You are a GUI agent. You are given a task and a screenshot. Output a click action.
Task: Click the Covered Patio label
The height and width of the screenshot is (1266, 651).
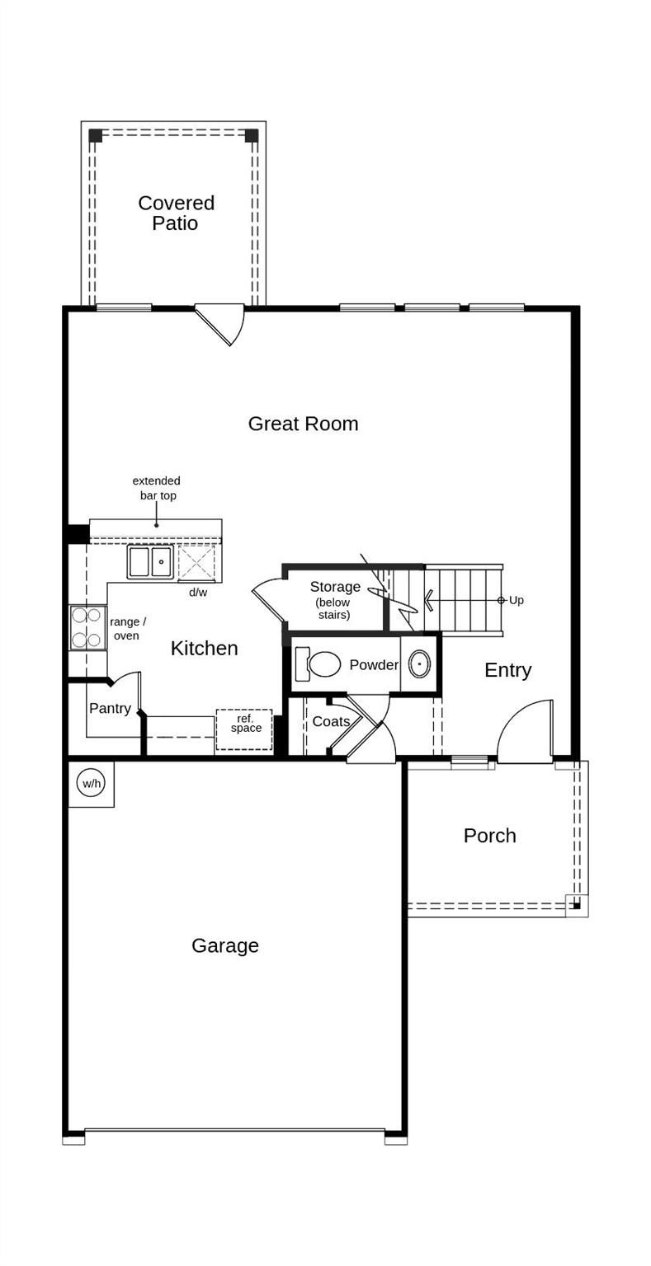[x=176, y=213]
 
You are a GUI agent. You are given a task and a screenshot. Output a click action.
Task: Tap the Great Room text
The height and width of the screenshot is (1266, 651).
[x=303, y=424]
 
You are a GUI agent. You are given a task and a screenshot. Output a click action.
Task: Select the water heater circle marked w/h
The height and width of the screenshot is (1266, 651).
[x=91, y=783]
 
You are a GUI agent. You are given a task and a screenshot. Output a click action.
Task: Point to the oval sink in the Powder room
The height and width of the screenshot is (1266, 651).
[x=419, y=663]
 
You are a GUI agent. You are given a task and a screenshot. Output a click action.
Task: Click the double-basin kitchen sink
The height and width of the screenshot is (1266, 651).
[x=150, y=562]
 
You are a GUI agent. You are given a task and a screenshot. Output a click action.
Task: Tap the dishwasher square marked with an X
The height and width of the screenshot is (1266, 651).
[x=196, y=562]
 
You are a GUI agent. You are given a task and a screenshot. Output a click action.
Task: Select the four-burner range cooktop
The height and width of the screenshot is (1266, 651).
[x=87, y=627]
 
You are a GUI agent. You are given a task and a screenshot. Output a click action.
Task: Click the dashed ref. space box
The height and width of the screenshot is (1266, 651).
[x=244, y=729]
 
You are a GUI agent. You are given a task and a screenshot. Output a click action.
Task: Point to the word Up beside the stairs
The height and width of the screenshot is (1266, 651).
[x=517, y=600]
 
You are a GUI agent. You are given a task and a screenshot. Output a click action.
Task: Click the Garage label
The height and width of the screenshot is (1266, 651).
[x=225, y=945]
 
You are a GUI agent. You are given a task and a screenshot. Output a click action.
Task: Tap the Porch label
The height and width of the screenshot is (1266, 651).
[x=489, y=836]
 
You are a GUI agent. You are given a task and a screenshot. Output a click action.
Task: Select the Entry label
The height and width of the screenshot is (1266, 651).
[x=507, y=670]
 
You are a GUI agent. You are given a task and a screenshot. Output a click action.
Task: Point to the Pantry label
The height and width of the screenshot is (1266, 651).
[x=110, y=709]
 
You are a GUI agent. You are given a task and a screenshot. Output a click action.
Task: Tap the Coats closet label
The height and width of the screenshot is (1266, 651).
[x=331, y=722]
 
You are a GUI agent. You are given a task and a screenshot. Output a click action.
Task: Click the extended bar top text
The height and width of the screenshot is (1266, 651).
[x=157, y=488]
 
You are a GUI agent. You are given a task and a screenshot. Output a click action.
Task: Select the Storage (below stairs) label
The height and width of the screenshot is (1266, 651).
[x=335, y=599]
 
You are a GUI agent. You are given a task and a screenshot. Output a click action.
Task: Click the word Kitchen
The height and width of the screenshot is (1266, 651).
[x=204, y=649]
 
